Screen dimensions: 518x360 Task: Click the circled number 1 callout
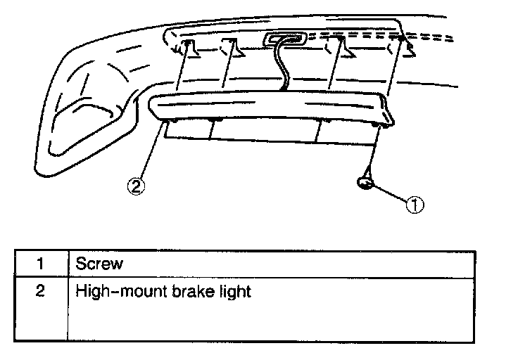click(415, 205)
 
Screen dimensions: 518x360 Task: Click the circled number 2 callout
click(136, 186)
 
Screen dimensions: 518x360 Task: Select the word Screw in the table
click(99, 264)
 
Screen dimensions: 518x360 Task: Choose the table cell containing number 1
click(41, 264)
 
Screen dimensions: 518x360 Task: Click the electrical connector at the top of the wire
click(284, 41)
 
